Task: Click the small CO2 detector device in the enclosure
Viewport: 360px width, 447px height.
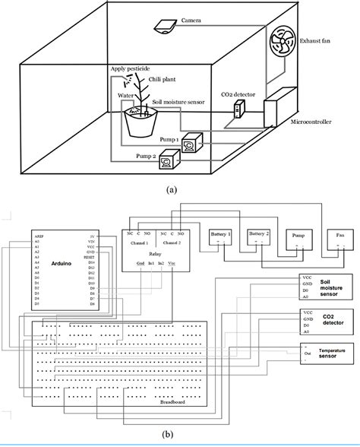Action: click(x=237, y=110)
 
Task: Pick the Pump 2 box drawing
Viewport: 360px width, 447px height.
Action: click(x=172, y=158)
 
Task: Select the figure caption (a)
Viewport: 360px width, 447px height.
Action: click(x=178, y=191)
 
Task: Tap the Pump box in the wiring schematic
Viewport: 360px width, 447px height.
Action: click(x=298, y=236)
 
